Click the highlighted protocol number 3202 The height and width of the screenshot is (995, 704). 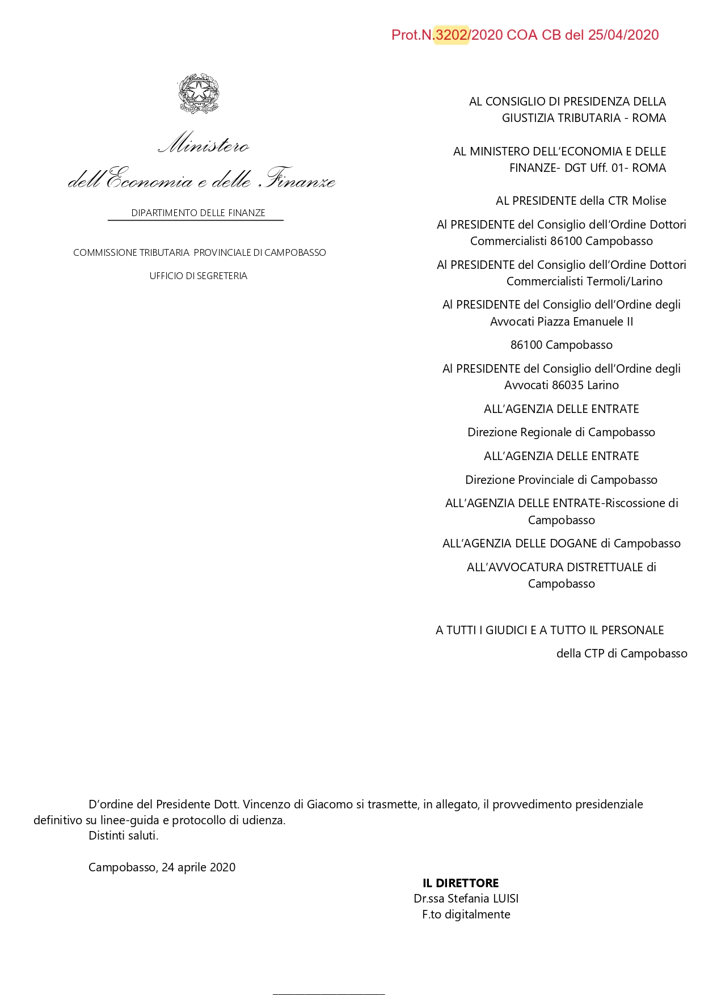[x=452, y=35]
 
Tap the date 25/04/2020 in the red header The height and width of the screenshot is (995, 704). [x=623, y=35]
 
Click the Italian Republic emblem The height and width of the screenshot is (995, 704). [x=199, y=94]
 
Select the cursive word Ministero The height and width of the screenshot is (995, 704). [x=204, y=144]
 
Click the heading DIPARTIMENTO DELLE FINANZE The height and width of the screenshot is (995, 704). [x=198, y=213]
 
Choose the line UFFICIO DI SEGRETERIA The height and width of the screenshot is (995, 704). [x=198, y=276]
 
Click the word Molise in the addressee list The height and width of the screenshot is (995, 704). [x=649, y=201]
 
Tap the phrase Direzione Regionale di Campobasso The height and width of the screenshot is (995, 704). [x=561, y=432]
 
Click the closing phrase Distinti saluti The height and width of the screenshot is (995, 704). [x=124, y=836]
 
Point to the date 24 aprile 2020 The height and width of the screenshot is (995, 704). [x=199, y=867]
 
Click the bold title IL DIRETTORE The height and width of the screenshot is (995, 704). [x=461, y=883]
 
